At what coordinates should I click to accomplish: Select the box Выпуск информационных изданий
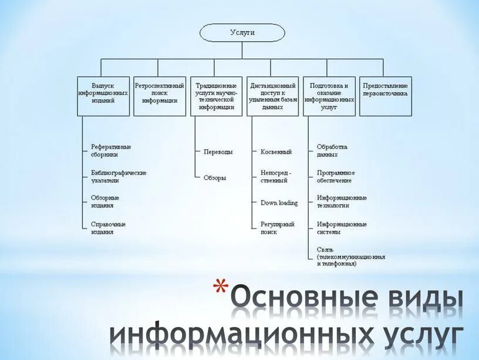[103, 96]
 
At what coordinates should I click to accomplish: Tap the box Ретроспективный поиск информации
[159, 96]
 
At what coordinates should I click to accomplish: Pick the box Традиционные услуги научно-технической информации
[216, 96]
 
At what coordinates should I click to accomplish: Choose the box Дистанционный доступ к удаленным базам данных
[272, 96]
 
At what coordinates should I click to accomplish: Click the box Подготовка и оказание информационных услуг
[329, 96]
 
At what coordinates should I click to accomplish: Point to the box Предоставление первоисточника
[385, 96]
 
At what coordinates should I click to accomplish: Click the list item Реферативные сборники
[110, 151]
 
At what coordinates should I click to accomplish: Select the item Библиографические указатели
[118, 177]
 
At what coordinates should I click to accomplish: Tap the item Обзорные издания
[105, 201]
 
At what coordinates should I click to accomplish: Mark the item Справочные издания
[108, 228]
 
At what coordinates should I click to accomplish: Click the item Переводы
[218, 152]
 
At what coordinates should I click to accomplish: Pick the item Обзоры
[214, 177]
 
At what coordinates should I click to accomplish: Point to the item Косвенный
[276, 152]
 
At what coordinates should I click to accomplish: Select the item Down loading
[279, 203]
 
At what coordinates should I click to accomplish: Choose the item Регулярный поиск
[277, 228]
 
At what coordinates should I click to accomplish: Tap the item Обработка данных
[332, 151]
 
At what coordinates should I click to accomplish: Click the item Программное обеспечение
[336, 177]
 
